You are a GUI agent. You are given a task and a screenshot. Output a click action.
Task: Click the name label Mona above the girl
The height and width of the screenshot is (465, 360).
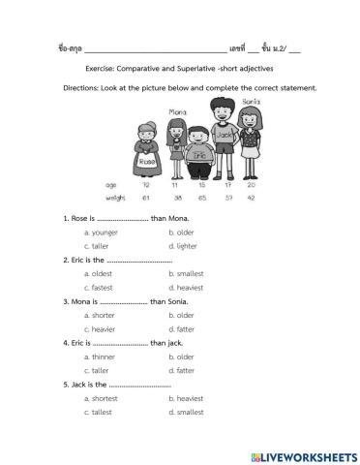click(177, 112)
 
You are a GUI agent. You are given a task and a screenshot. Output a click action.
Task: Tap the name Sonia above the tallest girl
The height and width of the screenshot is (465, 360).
click(251, 102)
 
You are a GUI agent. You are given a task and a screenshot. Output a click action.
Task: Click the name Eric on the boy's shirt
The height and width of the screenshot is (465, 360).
click(198, 154)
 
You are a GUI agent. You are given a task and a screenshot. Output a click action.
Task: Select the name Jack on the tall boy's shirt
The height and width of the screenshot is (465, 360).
click(225, 136)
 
